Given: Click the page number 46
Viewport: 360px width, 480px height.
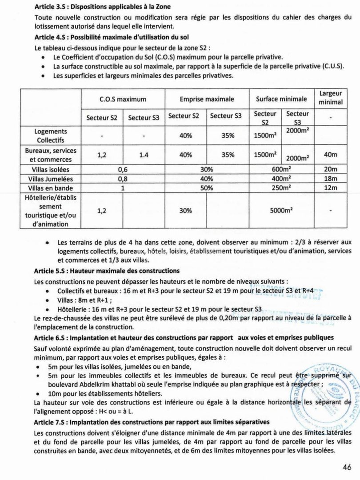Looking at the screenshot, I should click(x=347, y=467).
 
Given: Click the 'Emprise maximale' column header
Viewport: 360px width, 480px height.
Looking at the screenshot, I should click(x=207, y=99).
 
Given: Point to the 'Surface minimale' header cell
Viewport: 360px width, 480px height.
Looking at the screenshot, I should click(x=281, y=99).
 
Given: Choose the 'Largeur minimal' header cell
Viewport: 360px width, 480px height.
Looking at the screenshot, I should click(x=331, y=98).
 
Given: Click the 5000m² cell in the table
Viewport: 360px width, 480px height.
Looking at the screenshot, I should click(x=281, y=211).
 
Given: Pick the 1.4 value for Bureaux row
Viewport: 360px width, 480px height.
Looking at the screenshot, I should click(x=144, y=155).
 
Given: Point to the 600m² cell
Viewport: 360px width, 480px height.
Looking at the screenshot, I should click(x=281, y=170).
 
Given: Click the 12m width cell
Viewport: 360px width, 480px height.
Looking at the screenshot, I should click(x=331, y=188).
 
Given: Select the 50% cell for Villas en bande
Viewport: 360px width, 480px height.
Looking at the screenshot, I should click(x=207, y=188).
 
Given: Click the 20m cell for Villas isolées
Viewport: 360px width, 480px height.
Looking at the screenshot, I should click(x=331, y=170).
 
